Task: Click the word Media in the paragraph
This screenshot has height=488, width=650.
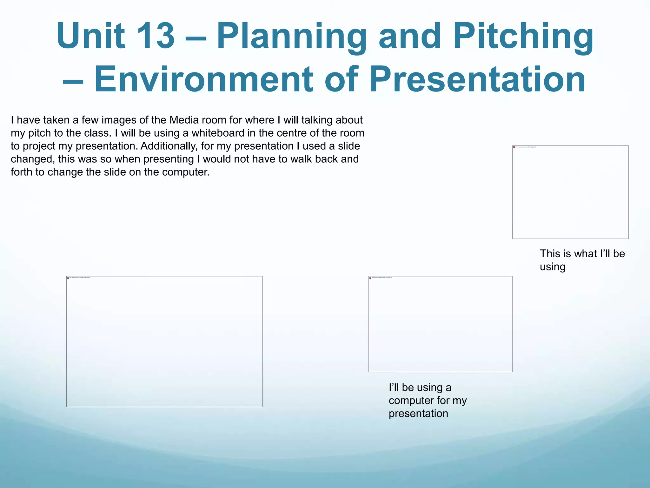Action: click(184, 120)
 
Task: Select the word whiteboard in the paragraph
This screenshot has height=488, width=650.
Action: click(218, 133)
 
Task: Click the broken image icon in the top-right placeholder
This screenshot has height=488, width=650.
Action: click(514, 147)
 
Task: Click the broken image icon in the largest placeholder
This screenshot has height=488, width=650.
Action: click(68, 278)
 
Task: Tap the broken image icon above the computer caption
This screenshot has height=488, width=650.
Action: click(370, 278)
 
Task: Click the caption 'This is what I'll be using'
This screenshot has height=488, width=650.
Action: click(582, 260)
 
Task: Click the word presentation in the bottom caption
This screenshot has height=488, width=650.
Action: click(418, 414)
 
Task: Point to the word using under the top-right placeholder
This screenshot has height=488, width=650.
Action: click(553, 267)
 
